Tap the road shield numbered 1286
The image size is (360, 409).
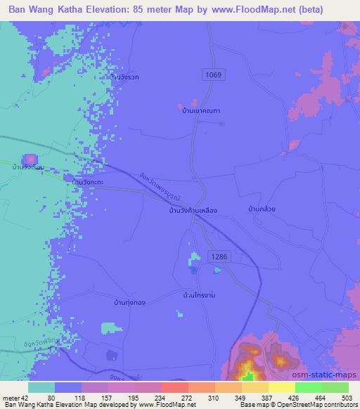coord(217,258)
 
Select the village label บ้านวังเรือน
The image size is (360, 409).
coord(29,167)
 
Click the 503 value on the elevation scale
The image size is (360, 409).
coord(347,398)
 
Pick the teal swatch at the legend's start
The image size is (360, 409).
coord(41,387)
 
